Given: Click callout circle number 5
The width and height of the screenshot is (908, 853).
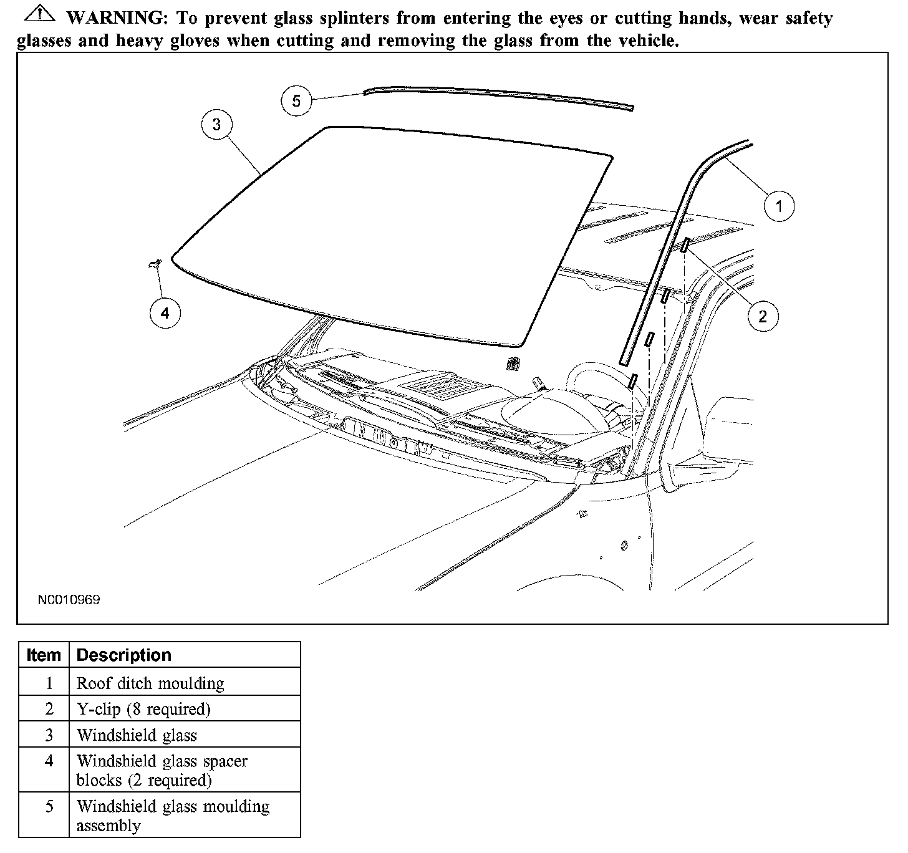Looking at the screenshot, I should click(296, 100).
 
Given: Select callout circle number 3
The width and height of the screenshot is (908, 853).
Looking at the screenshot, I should click(216, 124).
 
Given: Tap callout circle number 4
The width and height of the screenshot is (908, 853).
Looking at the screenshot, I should click(165, 313).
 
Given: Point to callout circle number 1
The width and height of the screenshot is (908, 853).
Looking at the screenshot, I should click(778, 205).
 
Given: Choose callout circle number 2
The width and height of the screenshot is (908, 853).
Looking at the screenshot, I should click(763, 317).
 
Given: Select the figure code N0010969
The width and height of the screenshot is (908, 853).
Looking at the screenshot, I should click(69, 600).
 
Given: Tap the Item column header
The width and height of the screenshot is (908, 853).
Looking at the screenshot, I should click(44, 655).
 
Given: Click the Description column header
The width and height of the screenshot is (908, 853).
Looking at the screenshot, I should click(123, 655).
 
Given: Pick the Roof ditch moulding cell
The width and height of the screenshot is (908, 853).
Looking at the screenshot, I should click(150, 683).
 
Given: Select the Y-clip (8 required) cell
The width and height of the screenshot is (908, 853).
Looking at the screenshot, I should click(143, 710).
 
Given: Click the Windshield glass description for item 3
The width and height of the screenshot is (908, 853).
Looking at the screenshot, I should click(137, 736).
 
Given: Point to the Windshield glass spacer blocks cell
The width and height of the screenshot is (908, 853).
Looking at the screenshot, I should click(162, 771).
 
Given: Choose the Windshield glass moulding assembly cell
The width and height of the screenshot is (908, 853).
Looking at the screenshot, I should click(173, 816).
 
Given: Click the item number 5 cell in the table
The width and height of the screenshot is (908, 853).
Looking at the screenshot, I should click(49, 807).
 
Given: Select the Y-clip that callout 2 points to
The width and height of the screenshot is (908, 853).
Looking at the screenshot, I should click(684, 244).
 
